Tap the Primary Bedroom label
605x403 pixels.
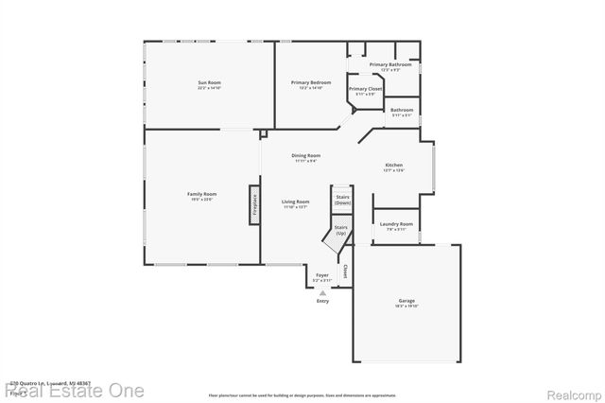click(x=310, y=83)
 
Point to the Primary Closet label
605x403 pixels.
click(x=365, y=89)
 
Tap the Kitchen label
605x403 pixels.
click(x=394, y=166)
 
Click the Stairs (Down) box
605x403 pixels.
click(x=342, y=200)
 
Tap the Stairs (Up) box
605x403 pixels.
click(x=341, y=230)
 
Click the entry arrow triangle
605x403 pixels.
click(x=322, y=292)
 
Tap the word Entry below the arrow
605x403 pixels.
click(x=322, y=301)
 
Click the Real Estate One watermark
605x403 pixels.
click(x=73, y=389)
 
